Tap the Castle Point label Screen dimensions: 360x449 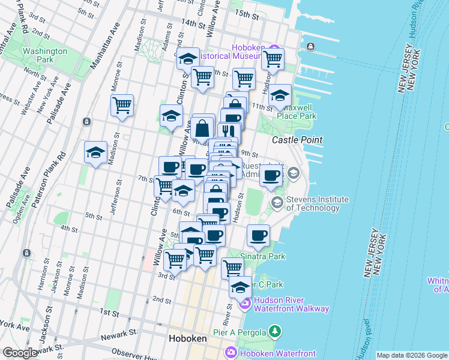pos(297,140)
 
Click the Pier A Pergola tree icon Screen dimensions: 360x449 pos(275,331)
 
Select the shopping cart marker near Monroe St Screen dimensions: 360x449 pos(122,105)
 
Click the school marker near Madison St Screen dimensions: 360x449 pos(95,152)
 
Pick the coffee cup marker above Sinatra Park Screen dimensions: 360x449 pos(259,235)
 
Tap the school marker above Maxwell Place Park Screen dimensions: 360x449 pos(280,95)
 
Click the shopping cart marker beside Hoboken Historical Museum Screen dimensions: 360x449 pos(273,59)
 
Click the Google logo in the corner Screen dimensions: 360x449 pos(20,353)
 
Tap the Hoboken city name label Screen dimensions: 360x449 pos(187,338)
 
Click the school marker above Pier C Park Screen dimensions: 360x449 pos(240,287)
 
